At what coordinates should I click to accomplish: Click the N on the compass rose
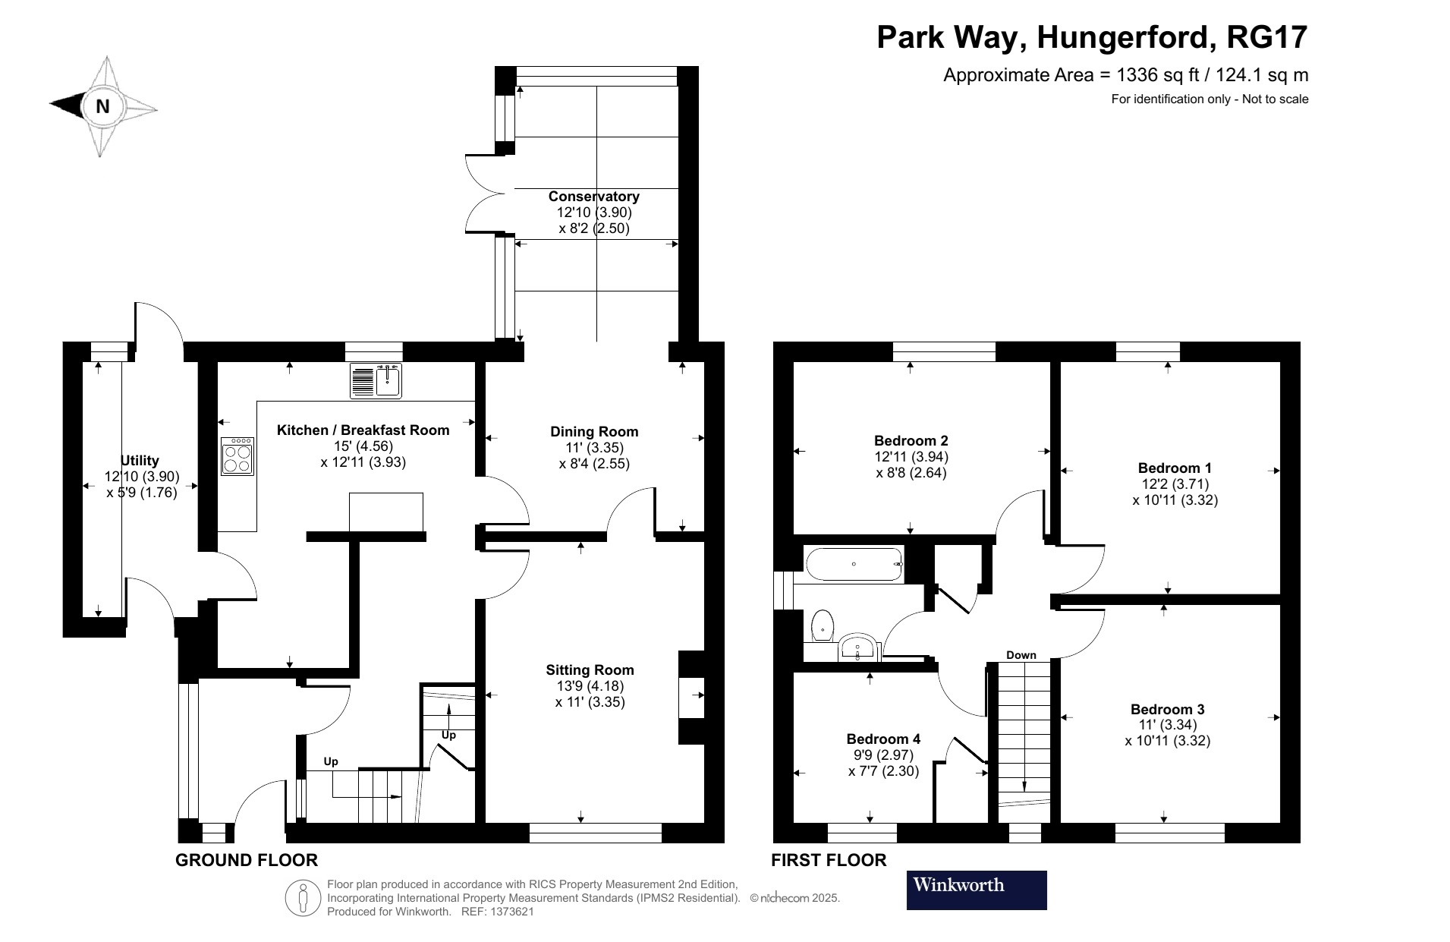(102, 107)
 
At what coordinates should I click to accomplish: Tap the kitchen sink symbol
(376, 380)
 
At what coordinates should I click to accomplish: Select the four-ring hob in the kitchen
(238, 456)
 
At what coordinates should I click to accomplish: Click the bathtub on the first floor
(854, 565)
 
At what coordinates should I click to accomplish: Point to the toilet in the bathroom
(822, 625)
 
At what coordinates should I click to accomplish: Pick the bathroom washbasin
(859, 648)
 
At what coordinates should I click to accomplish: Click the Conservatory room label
(593, 197)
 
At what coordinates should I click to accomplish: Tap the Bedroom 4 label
(883, 739)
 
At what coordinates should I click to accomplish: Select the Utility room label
(140, 460)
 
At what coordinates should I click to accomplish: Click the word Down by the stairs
(1021, 655)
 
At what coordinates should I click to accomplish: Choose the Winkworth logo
(977, 890)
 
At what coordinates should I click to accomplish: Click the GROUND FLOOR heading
(247, 860)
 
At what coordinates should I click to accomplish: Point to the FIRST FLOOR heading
(829, 860)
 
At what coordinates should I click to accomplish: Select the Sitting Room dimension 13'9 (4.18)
(590, 686)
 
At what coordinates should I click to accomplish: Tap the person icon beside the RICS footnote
(304, 898)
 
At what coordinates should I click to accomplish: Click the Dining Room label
(594, 431)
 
